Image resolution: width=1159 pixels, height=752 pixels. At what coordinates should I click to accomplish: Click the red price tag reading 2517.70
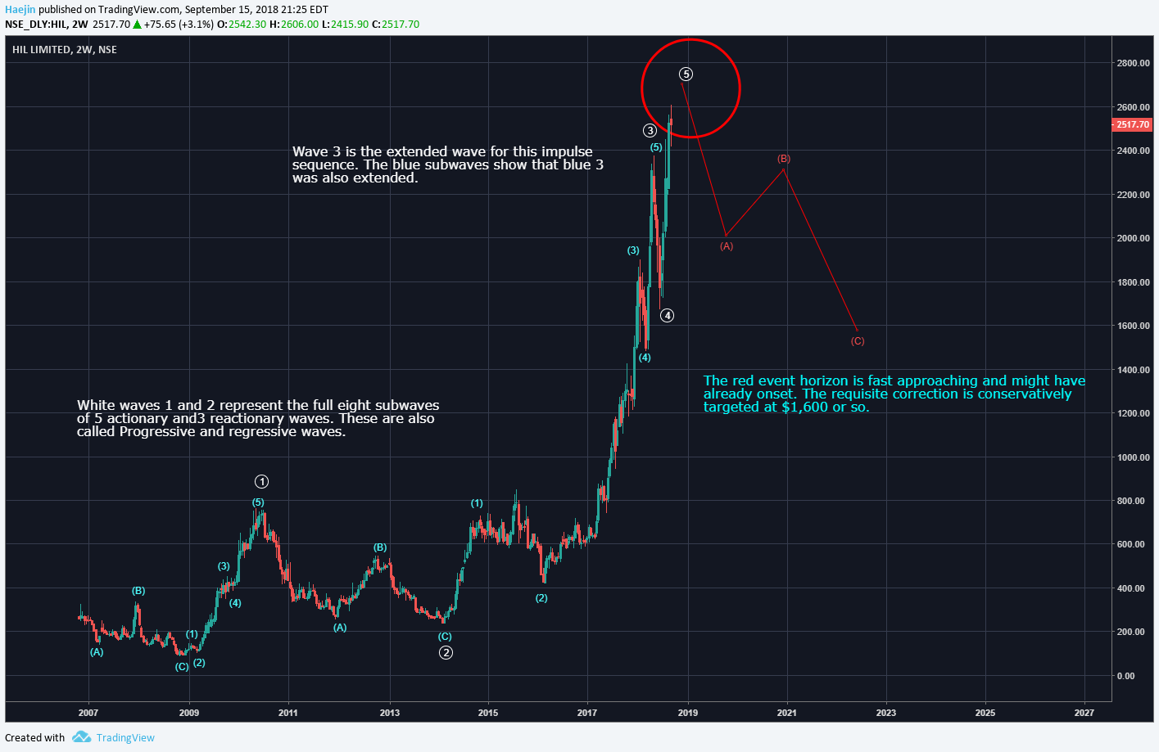click(x=1133, y=124)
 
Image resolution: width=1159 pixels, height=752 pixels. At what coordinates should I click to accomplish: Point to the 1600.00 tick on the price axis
click(x=1133, y=326)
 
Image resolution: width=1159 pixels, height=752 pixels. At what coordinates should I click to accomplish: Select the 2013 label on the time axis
click(x=390, y=713)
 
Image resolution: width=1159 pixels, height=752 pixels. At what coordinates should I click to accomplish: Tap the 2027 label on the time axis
click(x=1084, y=713)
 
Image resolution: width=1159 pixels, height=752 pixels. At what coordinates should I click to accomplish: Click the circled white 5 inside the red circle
click(x=686, y=74)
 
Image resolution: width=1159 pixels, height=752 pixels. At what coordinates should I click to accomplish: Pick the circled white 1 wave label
click(x=261, y=482)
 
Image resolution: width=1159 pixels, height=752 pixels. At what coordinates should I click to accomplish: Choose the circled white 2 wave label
click(x=446, y=652)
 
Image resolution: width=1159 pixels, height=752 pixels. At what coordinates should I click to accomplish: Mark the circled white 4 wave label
click(x=668, y=316)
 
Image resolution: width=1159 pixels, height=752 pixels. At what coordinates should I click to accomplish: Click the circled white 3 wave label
click(x=650, y=131)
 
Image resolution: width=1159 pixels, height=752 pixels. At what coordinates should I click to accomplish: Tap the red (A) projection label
click(x=727, y=246)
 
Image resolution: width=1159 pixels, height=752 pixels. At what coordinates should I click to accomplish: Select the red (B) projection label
click(x=784, y=159)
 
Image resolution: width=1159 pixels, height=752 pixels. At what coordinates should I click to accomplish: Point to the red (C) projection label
click(x=858, y=341)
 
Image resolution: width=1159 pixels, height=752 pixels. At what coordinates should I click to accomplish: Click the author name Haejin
click(x=20, y=10)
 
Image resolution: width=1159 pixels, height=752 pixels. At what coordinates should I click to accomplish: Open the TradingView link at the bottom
click(x=125, y=738)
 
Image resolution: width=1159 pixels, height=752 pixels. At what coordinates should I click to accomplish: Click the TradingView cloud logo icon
click(x=81, y=737)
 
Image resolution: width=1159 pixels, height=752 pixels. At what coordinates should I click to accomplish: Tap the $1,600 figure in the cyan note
click(x=806, y=408)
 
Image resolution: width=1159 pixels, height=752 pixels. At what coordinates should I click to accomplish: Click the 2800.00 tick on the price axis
click(x=1133, y=63)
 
